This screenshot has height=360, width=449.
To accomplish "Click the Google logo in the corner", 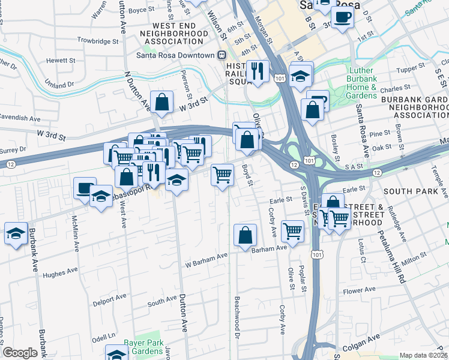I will click(x=20, y=353).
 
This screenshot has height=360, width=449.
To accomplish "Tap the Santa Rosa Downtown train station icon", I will click(x=221, y=55).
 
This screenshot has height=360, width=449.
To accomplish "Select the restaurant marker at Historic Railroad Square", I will click(x=258, y=71).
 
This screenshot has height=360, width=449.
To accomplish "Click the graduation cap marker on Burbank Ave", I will click(x=15, y=234).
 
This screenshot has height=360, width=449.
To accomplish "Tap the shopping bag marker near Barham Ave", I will click(x=245, y=235).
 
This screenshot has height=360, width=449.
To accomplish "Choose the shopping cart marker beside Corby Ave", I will click(x=292, y=230).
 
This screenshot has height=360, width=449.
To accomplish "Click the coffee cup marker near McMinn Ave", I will click(x=85, y=188).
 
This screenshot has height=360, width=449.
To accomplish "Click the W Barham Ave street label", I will click(x=206, y=256).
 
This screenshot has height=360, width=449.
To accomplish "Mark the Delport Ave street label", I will click(x=110, y=297).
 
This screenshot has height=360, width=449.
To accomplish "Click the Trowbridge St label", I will click(x=98, y=41).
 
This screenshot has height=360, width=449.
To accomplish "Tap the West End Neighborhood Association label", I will click(x=170, y=34).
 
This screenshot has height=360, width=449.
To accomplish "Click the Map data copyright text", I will click(x=423, y=355).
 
